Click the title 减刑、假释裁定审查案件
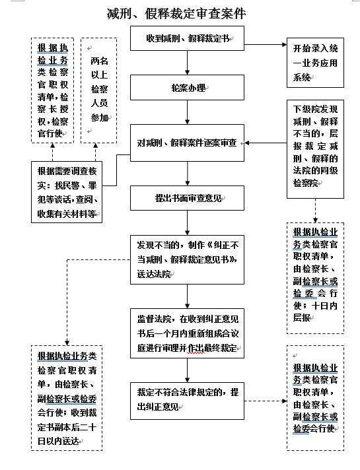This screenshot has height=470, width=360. pyautogui.click(x=180, y=13)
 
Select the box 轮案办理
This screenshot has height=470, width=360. pyautogui.click(x=188, y=88)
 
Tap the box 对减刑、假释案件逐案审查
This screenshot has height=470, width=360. pyautogui.click(x=188, y=143)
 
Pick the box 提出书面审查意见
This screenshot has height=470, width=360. pyautogui.click(x=188, y=197)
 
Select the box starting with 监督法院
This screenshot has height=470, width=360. pyautogui.click(x=188, y=333)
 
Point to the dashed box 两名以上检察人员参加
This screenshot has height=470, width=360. pyautogui.click(x=98, y=90)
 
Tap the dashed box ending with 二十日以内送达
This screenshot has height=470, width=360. pyautogui.click(x=67, y=399)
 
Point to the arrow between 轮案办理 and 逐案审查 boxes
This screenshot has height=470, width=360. pyautogui.click(x=188, y=114)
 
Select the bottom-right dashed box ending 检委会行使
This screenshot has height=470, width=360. pyautogui.click(x=315, y=398)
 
